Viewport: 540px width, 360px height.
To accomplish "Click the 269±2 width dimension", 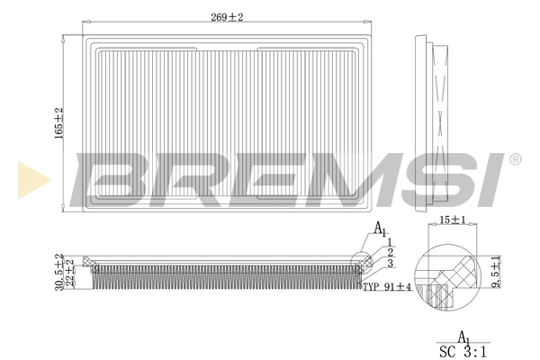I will [226, 16].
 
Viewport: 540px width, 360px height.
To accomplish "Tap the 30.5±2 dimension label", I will [59, 271].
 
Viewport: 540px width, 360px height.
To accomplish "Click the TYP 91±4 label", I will [386, 287].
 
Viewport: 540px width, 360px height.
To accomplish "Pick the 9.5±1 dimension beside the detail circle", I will [496, 271].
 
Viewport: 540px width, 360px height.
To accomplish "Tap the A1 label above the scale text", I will [464, 336].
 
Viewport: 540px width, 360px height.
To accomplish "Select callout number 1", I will [390, 241].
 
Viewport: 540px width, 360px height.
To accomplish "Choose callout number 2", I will [390, 252].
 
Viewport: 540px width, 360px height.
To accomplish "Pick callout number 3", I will [390, 264].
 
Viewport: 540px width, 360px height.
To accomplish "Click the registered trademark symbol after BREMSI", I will [515, 159].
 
